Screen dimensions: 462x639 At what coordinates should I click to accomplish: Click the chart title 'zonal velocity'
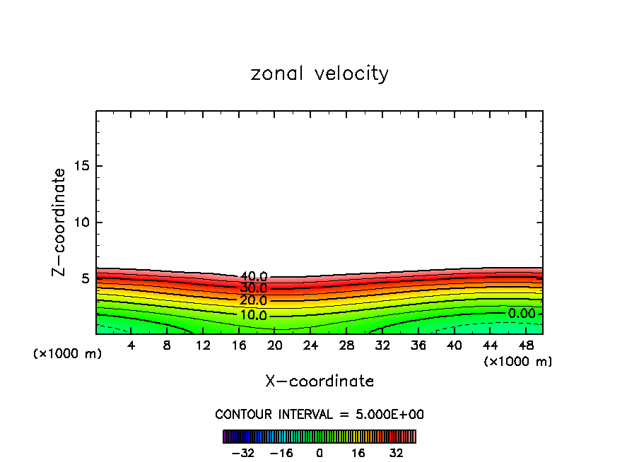(319, 73)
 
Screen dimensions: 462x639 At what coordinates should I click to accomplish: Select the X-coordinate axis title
(319, 381)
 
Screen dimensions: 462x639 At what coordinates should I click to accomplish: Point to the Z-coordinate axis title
(59, 222)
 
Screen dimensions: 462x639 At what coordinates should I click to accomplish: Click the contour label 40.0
(253, 276)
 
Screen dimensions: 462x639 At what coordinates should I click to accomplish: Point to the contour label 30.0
(253, 288)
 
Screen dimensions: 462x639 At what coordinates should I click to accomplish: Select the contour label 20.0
(253, 301)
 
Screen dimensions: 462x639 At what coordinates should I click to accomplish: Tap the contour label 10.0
(253, 315)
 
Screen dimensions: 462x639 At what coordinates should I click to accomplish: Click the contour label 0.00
(522, 313)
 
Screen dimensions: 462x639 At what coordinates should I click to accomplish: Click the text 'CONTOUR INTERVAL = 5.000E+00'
(319, 414)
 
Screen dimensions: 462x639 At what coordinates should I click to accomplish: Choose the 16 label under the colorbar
(358, 453)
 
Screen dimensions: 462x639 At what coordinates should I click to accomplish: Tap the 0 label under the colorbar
(319, 453)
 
